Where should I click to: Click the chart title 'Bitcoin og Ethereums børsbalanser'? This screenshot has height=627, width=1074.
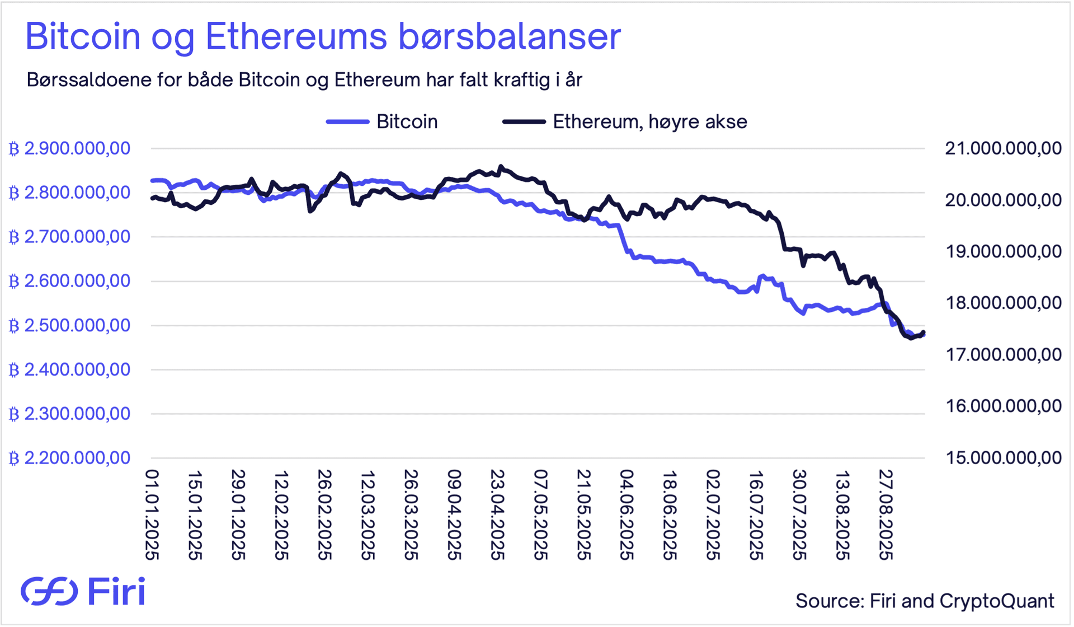pyautogui.click(x=323, y=37)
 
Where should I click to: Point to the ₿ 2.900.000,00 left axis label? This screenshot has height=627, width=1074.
pyautogui.click(x=70, y=148)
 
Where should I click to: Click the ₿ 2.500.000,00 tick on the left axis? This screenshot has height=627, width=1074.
pyautogui.click(x=70, y=325)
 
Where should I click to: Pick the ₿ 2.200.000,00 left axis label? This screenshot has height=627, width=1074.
pyautogui.click(x=70, y=458)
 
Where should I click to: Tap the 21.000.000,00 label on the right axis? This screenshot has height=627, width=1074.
pyautogui.click(x=1003, y=148)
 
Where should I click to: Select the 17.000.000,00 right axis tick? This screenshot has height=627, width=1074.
pyautogui.click(x=1003, y=354)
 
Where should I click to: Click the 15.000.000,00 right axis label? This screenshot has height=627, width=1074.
pyautogui.click(x=1003, y=458)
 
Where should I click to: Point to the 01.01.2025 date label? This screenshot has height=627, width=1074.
pyautogui.click(x=152, y=514)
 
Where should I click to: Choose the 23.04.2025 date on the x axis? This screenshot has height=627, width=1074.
pyautogui.click(x=497, y=514)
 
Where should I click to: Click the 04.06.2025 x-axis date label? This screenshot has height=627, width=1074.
pyautogui.click(x=626, y=514)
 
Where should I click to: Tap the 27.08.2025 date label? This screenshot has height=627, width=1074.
pyautogui.click(x=885, y=514)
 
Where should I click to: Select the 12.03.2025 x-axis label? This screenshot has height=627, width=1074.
pyautogui.click(x=368, y=514)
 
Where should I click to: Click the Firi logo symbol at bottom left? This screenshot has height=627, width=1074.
pyautogui.click(x=49, y=591)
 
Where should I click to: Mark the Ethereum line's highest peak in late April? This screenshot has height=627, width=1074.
pyautogui.click(x=501, y=166)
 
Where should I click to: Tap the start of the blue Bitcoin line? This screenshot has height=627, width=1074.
pyautogui.click(x=152, y=180)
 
